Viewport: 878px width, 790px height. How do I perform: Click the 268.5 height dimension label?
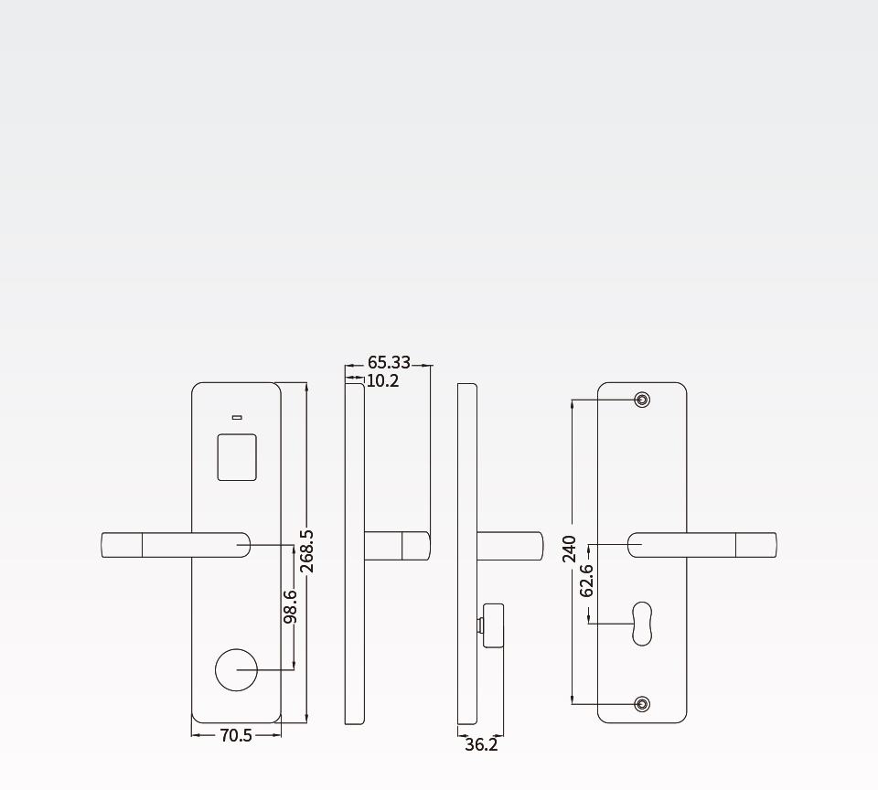(x=307, y=551)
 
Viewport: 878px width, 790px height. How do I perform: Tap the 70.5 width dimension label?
(x=236, y=736)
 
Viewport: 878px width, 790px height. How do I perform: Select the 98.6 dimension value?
(x=290, y=606)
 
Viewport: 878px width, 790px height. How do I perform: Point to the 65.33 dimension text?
(x=390, y=363)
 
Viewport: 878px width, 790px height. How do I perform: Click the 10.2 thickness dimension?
(x=383, y=381)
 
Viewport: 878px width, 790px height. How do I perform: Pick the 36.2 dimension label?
(x=481, y=744)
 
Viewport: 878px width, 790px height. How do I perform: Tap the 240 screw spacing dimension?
(x=570, y=550)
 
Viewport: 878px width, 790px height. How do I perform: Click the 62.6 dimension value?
(x=586, y=582)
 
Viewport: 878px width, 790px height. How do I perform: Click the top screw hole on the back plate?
(x=642, y=400)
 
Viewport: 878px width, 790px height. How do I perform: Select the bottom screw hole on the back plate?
(x=642, y=704)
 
